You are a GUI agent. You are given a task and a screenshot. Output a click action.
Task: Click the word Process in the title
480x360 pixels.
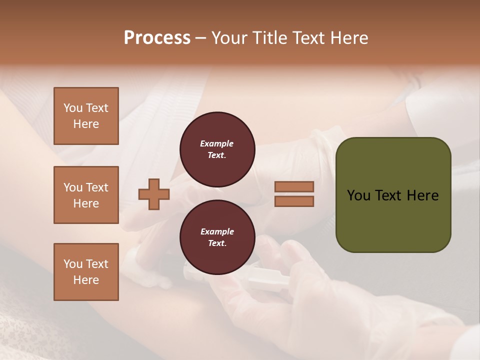157,38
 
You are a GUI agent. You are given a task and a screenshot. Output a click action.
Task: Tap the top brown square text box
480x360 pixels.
86,116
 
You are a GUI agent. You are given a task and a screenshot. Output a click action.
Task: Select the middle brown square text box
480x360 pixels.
86,195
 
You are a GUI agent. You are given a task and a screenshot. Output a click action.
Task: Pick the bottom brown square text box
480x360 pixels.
86,272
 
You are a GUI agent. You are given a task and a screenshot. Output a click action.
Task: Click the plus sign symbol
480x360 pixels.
153,194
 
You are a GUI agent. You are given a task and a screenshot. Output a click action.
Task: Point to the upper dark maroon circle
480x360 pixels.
217,149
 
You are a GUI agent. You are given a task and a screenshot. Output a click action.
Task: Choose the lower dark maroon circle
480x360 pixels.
217,237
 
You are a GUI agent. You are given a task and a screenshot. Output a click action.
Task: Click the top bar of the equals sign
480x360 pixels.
294,186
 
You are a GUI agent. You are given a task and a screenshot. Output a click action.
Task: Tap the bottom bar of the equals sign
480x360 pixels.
294,201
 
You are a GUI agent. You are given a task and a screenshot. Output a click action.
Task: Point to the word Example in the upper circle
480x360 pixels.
217,143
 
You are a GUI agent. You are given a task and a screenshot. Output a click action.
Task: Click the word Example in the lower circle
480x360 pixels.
217,231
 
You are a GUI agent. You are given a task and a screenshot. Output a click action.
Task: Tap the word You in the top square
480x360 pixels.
72,108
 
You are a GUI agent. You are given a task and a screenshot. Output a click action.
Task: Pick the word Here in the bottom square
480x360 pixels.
86,280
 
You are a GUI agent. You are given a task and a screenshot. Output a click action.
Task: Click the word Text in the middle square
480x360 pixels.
97,187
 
